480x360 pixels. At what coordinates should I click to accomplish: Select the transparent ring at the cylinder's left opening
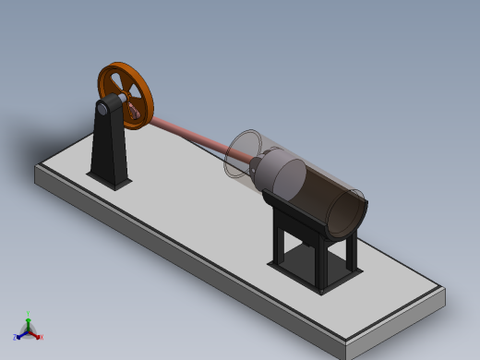(243, 153)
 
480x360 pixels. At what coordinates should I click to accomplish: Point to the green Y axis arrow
(29, 320)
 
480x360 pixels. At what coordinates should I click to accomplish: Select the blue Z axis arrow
(21, 334)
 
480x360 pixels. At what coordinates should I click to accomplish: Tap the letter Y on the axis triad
(29, 314)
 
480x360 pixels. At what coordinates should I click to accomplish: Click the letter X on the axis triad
(42, 337)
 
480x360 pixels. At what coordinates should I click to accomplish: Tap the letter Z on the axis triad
(16, 338)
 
